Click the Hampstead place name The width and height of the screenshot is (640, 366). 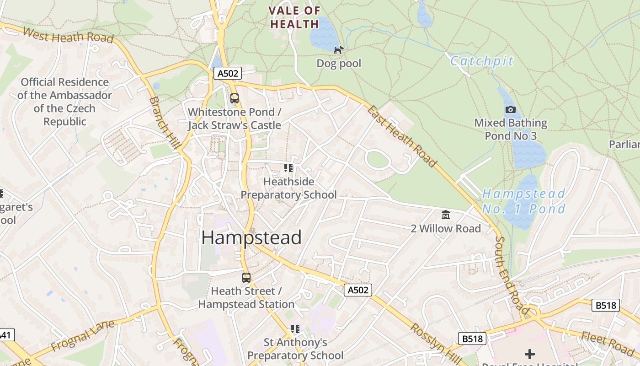tap(251, 237)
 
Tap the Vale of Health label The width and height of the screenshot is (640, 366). tap(294, 17)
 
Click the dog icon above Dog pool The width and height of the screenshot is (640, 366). tap(338, 50)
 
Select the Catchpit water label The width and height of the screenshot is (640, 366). tap(482, 61)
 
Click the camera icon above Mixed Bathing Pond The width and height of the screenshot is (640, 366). tap(511, 109)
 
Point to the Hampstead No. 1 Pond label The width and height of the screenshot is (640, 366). tap(524, 201)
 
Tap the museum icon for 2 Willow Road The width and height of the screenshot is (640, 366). tap(445, 215)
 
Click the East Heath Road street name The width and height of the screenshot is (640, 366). tap(402, 136)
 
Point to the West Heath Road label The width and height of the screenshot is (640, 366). tap(68, 35)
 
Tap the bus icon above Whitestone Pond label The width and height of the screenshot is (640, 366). tap(235, 98)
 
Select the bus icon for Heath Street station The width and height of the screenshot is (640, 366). tap(246, 277)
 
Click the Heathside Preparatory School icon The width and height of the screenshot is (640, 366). tap(288, 168)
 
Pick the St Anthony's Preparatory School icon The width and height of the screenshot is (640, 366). tap(295, 328)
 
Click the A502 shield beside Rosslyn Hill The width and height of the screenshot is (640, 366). tap(358, 290)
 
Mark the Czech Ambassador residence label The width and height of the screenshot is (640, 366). tap(64, 102)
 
